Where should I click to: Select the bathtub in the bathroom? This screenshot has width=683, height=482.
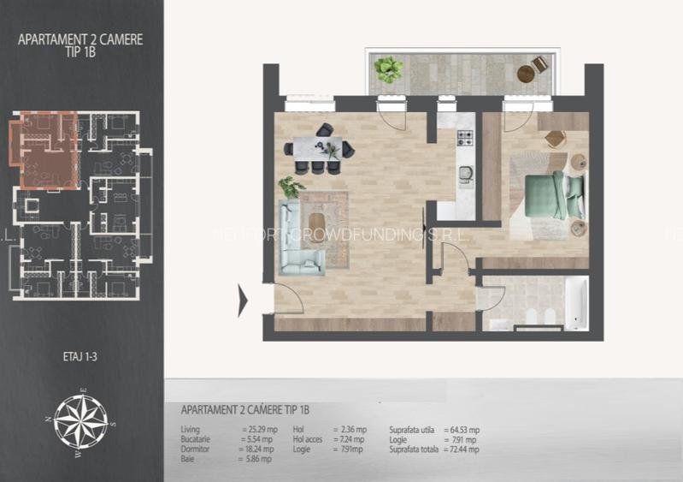tap(576, 303)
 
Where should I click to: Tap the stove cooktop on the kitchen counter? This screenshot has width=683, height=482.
tap(466, 137)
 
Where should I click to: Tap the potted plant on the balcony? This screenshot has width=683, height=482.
tap(389, 68)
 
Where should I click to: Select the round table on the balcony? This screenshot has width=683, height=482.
tap(526, 74)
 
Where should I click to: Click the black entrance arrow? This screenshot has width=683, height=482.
tap(243, 300)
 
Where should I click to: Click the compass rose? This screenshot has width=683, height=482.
tap(81, 419)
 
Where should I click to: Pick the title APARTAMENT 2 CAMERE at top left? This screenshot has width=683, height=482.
tap(80, 39)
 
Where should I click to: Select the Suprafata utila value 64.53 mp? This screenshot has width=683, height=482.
tap(462, 430)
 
